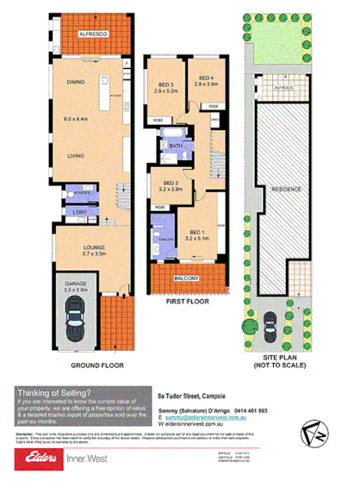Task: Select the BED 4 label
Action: click(203, 79)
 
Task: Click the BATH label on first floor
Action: click(177, 147)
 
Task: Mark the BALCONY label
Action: click(184, 279)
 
